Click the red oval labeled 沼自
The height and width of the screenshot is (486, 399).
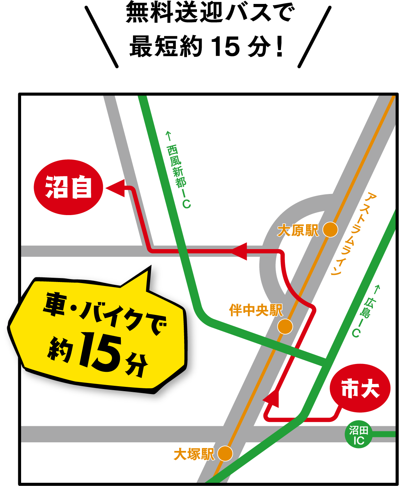tap(68, 187)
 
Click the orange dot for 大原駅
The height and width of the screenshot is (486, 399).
tap(330, 229)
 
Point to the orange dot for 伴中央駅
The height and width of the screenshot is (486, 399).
tap(285, 326)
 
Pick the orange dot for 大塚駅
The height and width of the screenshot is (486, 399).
tap(225, 453)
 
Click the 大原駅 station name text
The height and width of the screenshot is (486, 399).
tap(298, 230)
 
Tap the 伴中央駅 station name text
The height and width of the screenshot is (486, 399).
tap(256, 310)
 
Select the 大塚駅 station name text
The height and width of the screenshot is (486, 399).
tap(194, 455)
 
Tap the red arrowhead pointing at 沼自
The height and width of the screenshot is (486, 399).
tap(115, 188)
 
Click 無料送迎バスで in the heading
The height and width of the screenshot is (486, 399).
tap(210, 13)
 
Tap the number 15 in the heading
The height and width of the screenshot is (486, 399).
tap(225, 47)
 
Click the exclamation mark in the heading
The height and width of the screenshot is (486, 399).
tap(280, 47)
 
